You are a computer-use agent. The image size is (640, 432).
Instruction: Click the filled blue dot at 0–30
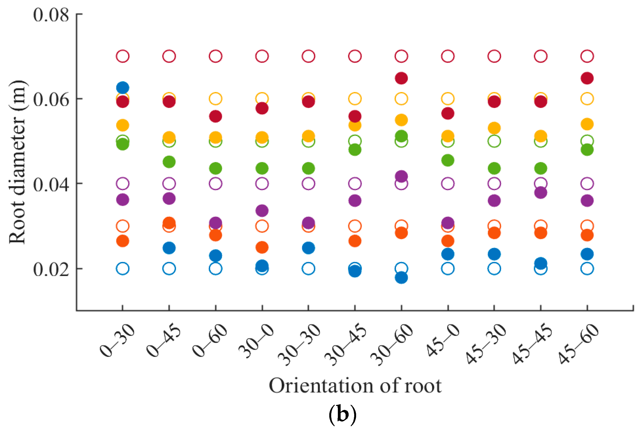click(123, 88)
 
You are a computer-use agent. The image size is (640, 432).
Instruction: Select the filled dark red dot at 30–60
click(401, 78)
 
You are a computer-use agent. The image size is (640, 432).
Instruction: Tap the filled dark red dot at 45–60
click(587, 78)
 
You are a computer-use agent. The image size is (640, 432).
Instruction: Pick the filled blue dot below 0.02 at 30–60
click(401, 278)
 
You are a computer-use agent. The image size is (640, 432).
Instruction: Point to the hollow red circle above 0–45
click(169, 56)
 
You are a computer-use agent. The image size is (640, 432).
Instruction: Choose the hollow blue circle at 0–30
click(123, 268)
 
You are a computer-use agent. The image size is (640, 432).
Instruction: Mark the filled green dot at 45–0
click(448, 160)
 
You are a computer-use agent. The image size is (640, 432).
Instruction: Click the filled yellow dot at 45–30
click(494, 128)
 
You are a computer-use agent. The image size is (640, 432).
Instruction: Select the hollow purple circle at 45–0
click(448, 183)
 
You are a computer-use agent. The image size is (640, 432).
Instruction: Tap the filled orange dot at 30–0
click(262, 247)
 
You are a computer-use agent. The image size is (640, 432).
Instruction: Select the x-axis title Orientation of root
click(355, 386)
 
